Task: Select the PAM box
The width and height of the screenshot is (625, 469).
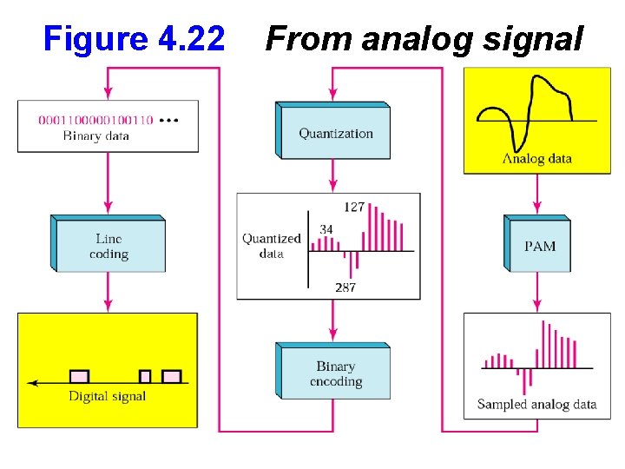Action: pyautogui.click(x=539, y=246)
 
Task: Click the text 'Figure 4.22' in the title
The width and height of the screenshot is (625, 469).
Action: pyautogui.click(x=134, y=38)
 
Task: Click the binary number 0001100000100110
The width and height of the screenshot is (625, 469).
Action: pyautogui.click(x=95, y=120)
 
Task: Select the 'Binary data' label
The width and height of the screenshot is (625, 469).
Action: pyautogui.click(x=95, y=135)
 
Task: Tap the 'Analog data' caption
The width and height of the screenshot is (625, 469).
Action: pyautogui.click(x=537, y=158)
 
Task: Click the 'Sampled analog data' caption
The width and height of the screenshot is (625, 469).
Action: pyautogui.click(x=536, y=404)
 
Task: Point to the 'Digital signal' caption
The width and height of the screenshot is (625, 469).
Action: pyautogui.click(x=107, y=396)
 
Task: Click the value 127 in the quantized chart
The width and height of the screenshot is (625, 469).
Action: pyautogui.click(x=353, y=207)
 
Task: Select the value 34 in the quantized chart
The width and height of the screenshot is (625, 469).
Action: pyautogui.click(x=326, y=228)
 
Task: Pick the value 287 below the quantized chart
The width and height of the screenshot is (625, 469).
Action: pyautogui.click(x=345, y=287)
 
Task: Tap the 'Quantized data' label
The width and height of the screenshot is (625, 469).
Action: pyautogui.click(x=271, y=246)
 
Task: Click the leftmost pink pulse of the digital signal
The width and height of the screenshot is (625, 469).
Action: pyautogui.click(x=79, y=376)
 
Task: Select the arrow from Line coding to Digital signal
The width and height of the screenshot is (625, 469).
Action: pyautogui.click(x=108, y=292)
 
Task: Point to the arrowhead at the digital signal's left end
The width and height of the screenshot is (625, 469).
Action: pyautogui.click(x=31, y=382)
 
